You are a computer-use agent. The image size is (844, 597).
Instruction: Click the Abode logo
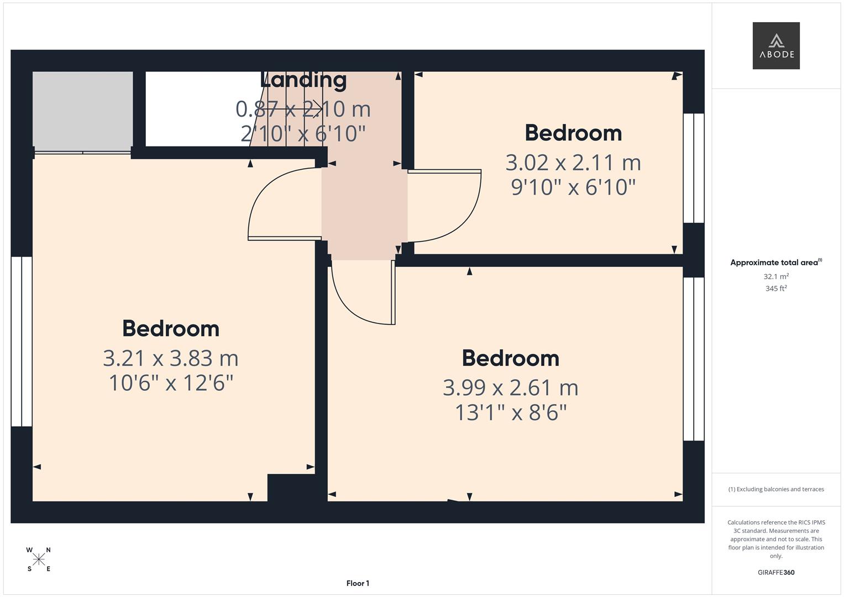pos(775,45)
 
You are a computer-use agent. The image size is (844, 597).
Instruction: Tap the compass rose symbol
pos(39,559)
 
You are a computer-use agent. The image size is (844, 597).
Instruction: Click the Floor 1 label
pos(358,583)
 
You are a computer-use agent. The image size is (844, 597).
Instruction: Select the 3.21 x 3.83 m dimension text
pos(170,358)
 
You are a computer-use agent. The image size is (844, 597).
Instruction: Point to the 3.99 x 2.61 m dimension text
pos(510,387)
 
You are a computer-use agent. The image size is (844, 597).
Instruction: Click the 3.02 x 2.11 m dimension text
pos(573,163)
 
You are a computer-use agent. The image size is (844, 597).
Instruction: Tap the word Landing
pos(303,80)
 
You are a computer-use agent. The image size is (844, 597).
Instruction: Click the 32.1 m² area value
pos(775,276)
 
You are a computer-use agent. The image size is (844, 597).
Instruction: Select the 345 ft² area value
pos(775,289)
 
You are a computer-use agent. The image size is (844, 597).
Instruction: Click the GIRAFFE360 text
pos(775,572)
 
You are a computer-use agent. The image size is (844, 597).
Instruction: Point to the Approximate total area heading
pos(775,263)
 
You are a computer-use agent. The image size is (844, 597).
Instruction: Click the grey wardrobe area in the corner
pos(82,109)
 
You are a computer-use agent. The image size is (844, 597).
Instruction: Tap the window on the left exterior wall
pos(22,341)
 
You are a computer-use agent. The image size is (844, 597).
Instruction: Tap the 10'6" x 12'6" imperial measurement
pos(170,383)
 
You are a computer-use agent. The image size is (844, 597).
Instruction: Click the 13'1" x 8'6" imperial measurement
pos(510,412)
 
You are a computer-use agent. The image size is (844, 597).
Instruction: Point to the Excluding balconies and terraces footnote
pos(775,489)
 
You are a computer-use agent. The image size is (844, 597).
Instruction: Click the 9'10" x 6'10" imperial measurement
pos(573,187)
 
